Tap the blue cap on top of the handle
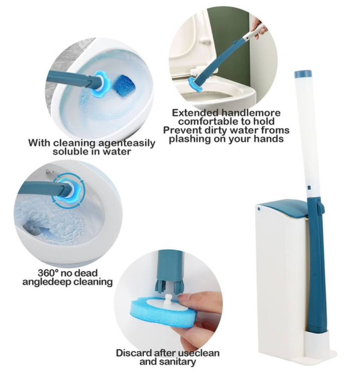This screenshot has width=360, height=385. click(303, 74)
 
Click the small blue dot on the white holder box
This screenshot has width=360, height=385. click(259, 209)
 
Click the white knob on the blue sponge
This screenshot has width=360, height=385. click(168, 299)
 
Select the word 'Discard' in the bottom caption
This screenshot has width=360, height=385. click(134, 353)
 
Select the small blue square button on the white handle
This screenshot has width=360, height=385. click(309, 188)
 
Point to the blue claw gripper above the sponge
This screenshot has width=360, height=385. click(169, 286)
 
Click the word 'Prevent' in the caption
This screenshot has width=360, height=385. click(182, 130)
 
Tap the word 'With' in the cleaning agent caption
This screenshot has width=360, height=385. click(39, 143)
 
